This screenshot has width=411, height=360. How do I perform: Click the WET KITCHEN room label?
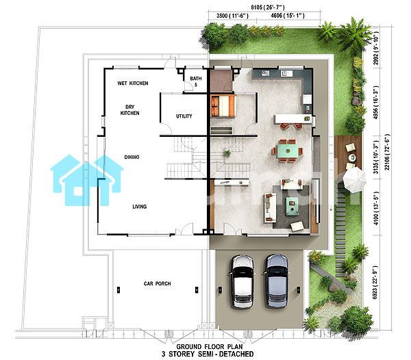click(133, 83)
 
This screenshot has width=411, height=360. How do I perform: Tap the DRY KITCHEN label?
click(129, 110)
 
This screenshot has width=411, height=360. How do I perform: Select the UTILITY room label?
click(184, 116)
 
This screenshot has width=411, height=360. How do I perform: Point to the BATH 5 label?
click(196, 81)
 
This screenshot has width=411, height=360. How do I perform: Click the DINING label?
click(132, 157)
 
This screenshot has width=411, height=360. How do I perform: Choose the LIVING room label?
click(140, 207)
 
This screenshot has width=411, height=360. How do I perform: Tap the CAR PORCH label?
click(158, 283)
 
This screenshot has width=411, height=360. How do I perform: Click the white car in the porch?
click(242, 281)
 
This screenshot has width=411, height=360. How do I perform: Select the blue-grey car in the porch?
click(276, 281)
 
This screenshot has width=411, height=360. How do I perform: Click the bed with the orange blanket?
click(223, 106)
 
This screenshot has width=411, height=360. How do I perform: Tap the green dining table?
click(288, 151)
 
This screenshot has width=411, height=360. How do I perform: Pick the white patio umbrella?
click(354, 180)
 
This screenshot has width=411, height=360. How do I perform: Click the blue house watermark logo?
click(86, 180)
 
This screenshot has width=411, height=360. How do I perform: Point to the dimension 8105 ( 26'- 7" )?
click(268, 8)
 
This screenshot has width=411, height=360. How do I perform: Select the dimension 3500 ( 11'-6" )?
click(232, 16)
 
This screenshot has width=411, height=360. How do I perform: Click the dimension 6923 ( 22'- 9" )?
click(375, 283)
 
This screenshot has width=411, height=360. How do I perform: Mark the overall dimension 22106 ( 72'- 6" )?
click(387, 152)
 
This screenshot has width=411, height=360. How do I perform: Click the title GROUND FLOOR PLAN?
click(210, 346)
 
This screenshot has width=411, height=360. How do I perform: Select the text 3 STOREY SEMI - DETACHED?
click(208, 355)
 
